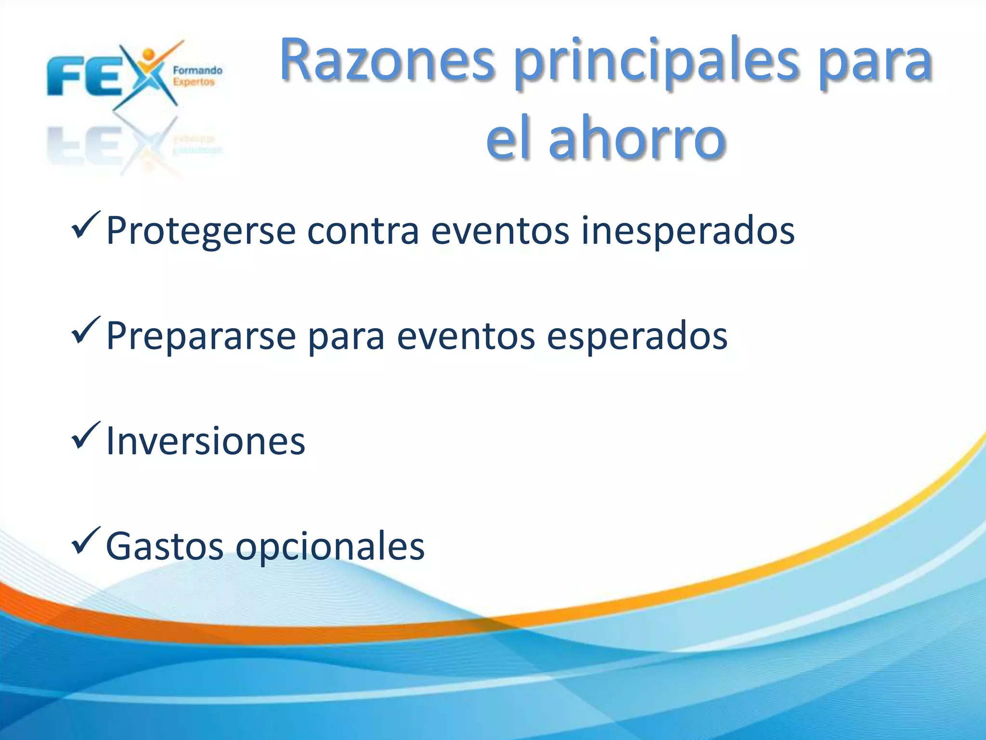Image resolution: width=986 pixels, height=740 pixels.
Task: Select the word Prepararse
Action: (x=200, y=336)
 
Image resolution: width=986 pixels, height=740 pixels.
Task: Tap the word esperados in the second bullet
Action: (x=636, y=336)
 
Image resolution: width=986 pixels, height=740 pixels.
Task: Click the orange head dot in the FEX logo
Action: (x=149, y=53)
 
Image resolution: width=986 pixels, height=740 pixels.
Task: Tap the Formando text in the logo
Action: (x=197, y=71)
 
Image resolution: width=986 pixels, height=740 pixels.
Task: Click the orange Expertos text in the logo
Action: (x=194, y=82)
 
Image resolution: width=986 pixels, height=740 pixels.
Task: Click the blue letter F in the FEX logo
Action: (x=63, y=77)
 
